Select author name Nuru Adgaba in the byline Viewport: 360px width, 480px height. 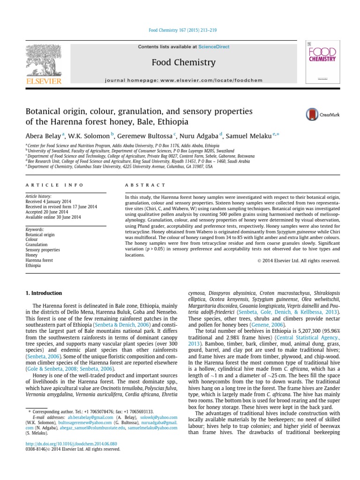[199, 136]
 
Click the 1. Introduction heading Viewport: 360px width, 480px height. [43, 293]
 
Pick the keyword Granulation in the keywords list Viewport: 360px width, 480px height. [37, 245]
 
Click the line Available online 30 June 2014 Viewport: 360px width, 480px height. [53, 217]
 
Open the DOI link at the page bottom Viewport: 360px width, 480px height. [71, 443]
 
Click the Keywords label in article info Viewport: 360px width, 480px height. [35, 229]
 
